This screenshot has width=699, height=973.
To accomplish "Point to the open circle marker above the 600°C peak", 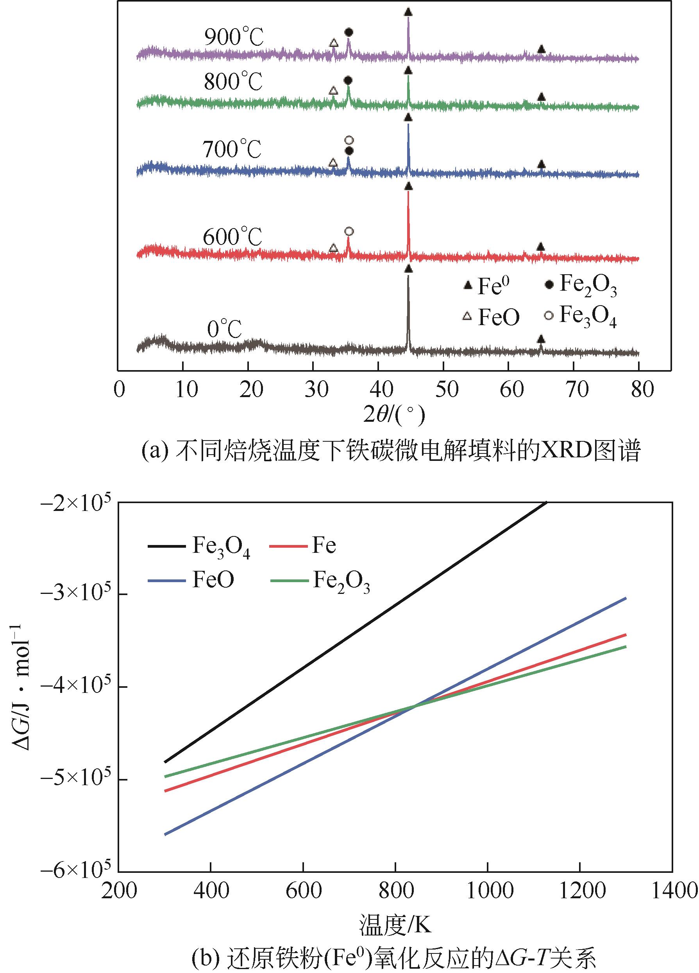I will [x=349, y=232].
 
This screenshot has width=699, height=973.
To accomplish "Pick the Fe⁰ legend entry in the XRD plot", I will [x=484, y=285].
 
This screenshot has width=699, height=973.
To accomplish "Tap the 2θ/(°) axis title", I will [x=394, y=415].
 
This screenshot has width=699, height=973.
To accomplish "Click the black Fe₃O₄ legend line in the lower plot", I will [x=167, y=546].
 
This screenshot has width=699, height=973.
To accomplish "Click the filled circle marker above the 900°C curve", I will [x=349, y=32].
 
